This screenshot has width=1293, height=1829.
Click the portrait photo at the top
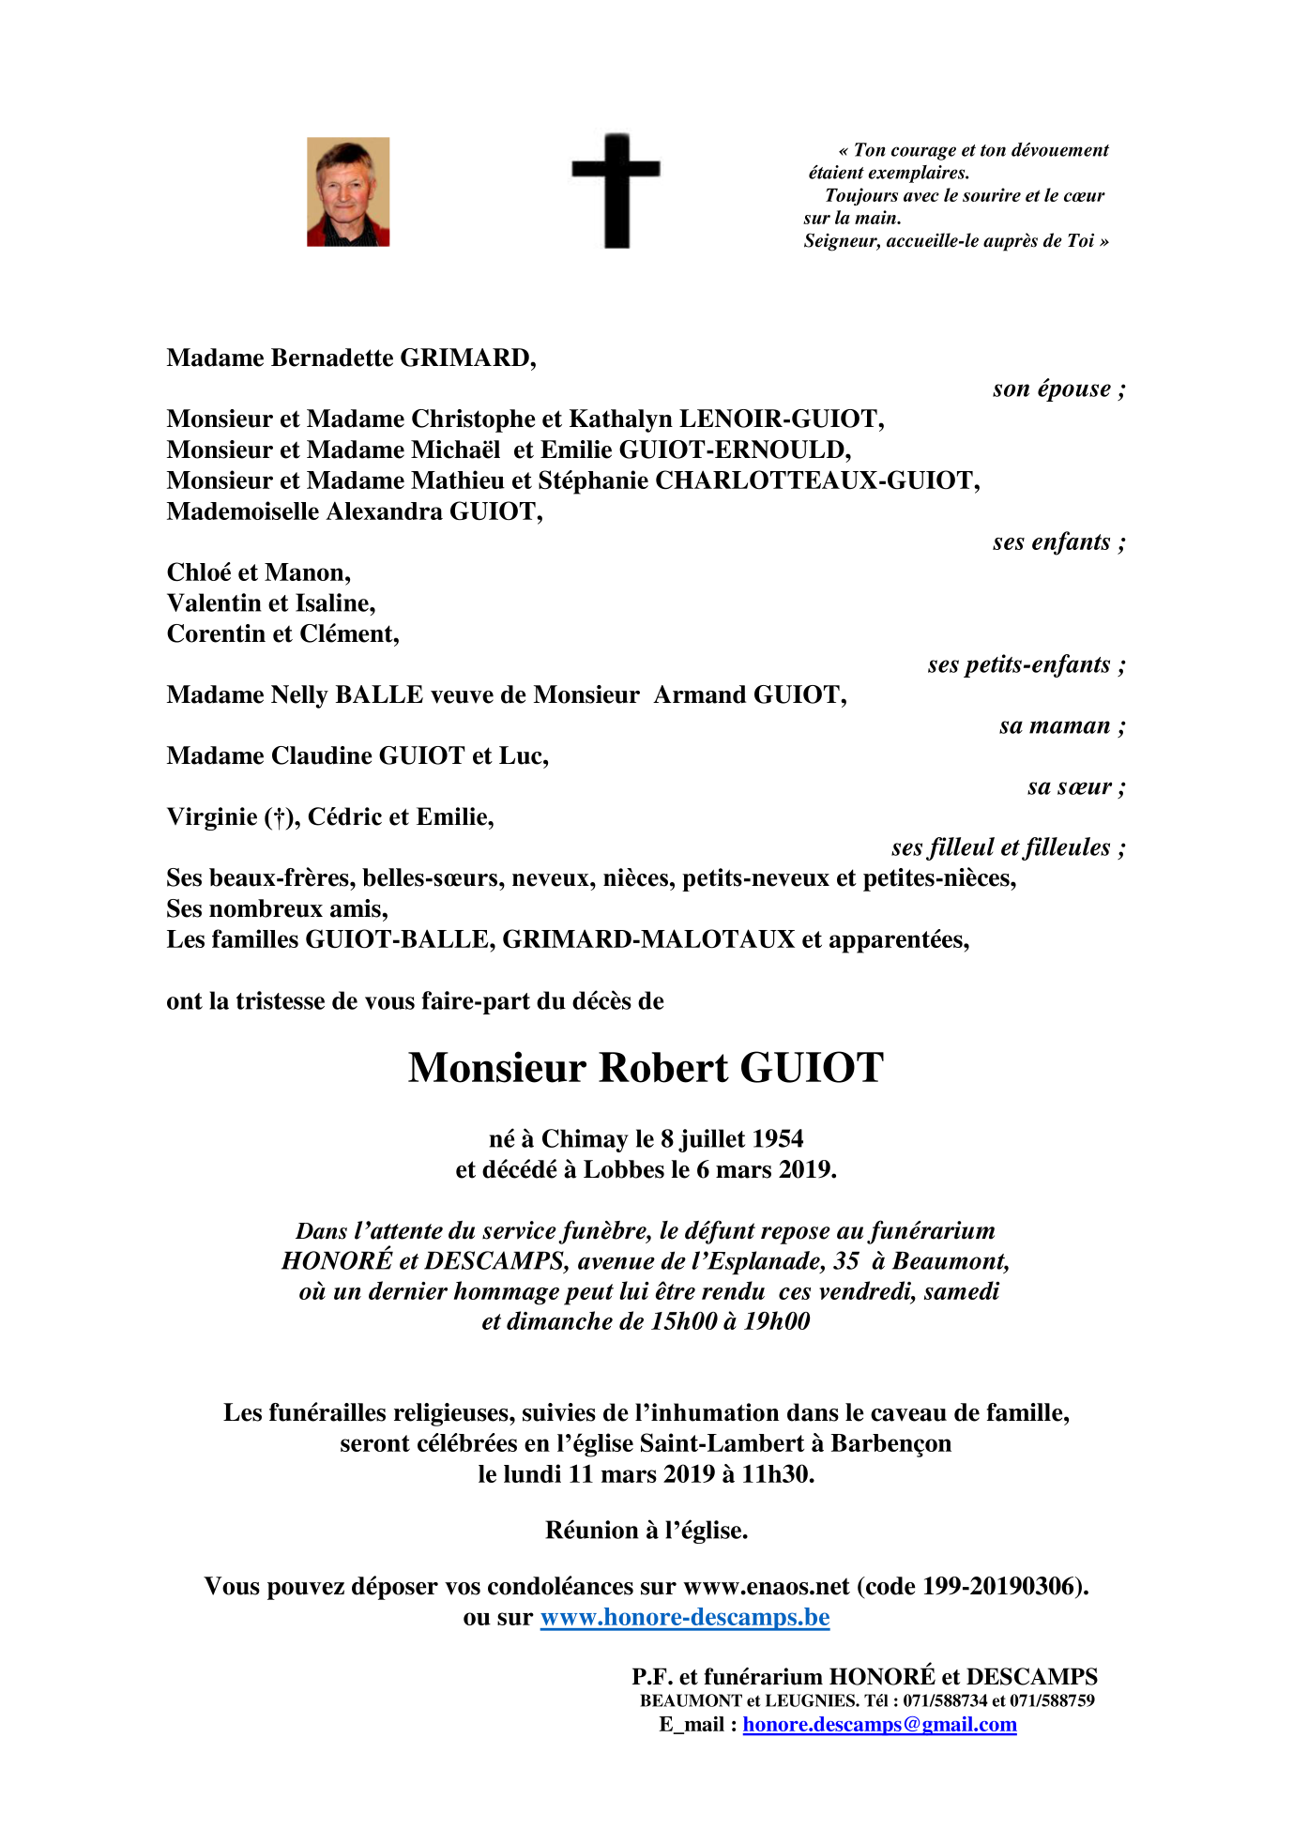348,192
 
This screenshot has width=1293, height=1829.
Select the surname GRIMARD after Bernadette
466,358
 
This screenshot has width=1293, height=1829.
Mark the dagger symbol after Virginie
278,817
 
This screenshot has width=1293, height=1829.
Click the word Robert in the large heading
662,1068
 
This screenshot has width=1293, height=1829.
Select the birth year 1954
778,1138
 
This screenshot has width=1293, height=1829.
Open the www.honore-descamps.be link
685,1617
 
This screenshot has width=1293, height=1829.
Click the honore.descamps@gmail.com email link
879,1725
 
